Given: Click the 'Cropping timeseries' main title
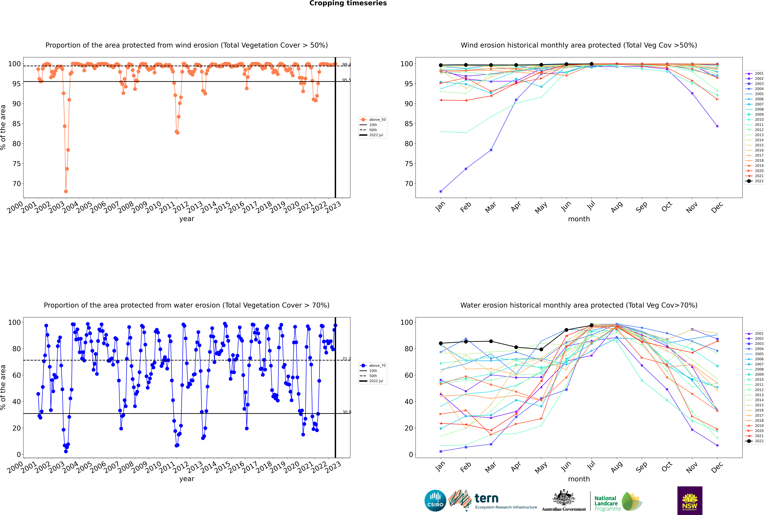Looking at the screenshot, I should (348, 3).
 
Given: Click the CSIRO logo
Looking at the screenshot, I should (435, 501).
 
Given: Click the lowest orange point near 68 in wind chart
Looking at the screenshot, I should (66, 191).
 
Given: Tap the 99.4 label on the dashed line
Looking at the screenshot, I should (346, 65).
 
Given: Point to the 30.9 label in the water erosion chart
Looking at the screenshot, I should (346, 412).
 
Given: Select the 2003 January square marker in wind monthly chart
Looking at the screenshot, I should (441, 191).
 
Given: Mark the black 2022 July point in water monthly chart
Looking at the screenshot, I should (591, 325).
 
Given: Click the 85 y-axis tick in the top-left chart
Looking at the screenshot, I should (16, 124).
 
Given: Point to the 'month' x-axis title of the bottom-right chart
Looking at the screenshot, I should (579, 479).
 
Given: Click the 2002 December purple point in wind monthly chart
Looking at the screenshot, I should (717, 126).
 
